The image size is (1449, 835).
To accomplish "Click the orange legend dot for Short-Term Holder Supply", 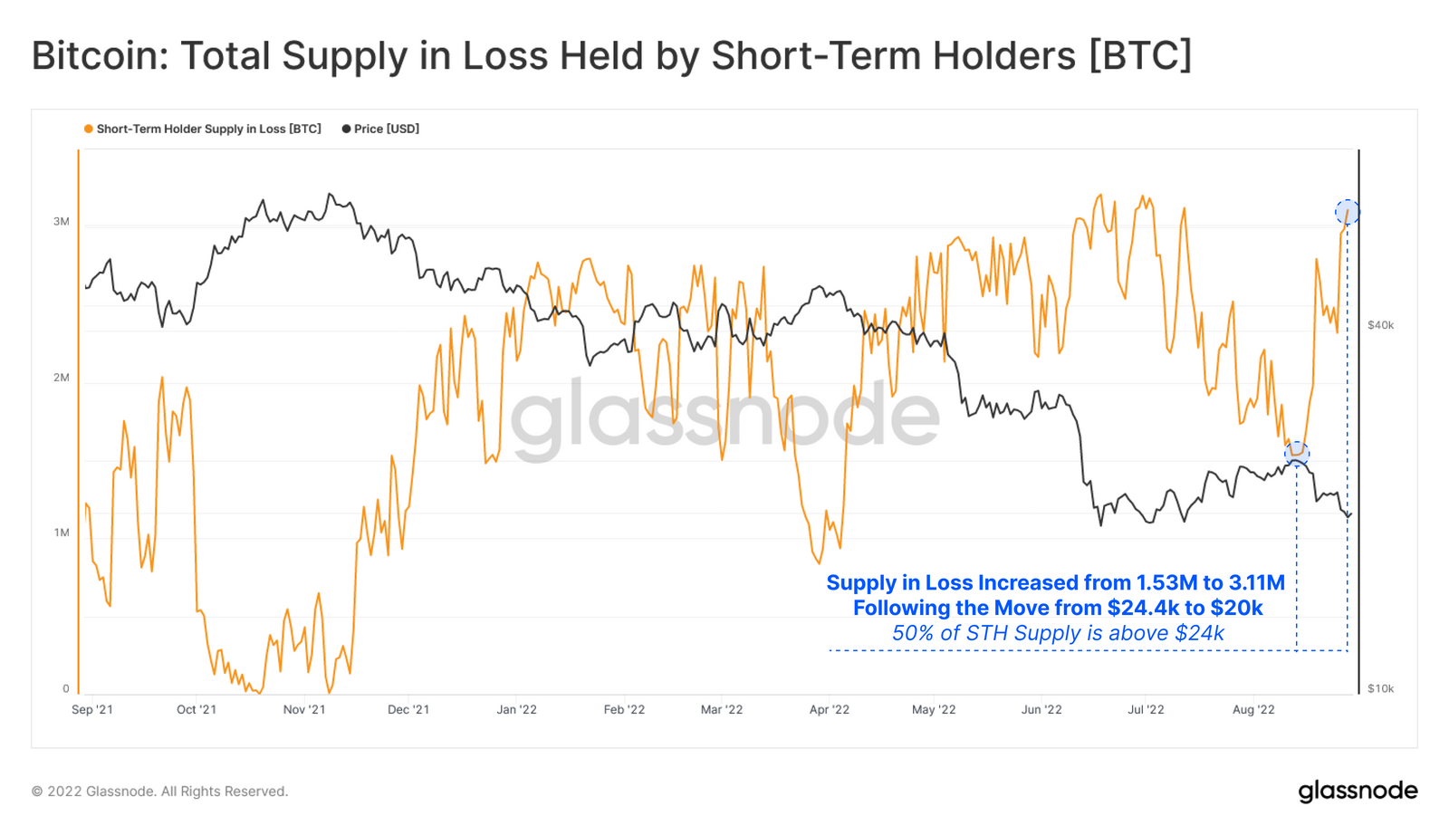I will [x=88, y=130].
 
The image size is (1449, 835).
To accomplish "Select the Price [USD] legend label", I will [x=386, y=130].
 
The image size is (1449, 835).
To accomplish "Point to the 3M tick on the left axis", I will [x=61, y=222].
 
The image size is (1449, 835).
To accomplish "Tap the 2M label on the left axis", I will [x=61, y=378].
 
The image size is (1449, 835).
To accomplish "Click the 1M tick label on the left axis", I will [x=61, y=533].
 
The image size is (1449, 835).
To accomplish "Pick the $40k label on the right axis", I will [x=1380, y=325].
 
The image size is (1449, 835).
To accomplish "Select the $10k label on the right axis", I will [x=1380, y=689].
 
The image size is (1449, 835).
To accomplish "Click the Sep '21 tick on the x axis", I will [x=92, y=710].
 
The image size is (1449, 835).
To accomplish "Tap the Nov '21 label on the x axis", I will [x=304, y=710].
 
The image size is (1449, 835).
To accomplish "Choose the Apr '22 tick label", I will [x=830, y=710].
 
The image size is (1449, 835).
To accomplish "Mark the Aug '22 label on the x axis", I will [x=1253, y=710].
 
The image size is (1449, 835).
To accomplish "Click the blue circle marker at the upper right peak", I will [x=1348, y=212].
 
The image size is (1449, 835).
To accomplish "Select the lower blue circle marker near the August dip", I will [x=1297, y=452].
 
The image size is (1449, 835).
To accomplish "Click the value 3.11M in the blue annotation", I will [x=1256, y=583].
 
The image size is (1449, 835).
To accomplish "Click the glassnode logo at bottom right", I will [x=1358, y=792].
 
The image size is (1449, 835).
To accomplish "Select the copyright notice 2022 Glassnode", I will [x=159, y=792].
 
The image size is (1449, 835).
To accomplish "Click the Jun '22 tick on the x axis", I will [x=1041, y=710].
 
